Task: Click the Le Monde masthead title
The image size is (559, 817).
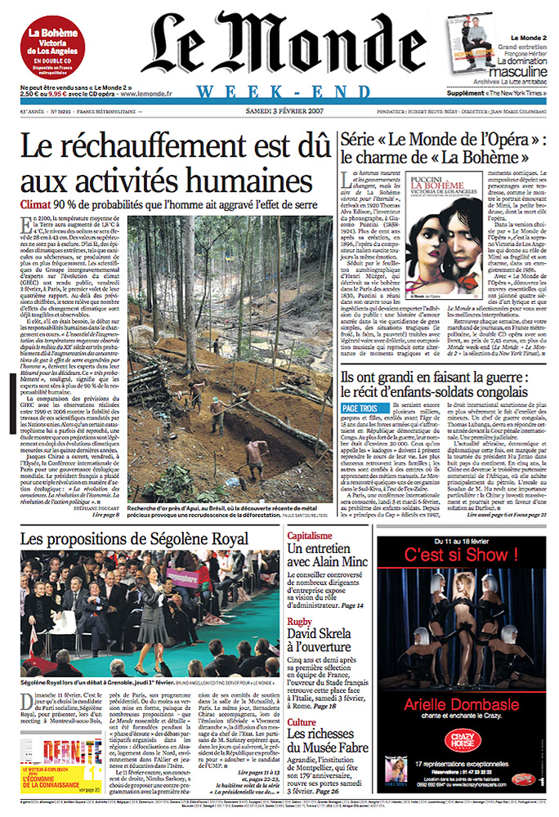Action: point(278,45)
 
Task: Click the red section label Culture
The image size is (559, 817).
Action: point(301,699)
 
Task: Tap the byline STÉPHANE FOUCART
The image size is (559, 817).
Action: point(142,507)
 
